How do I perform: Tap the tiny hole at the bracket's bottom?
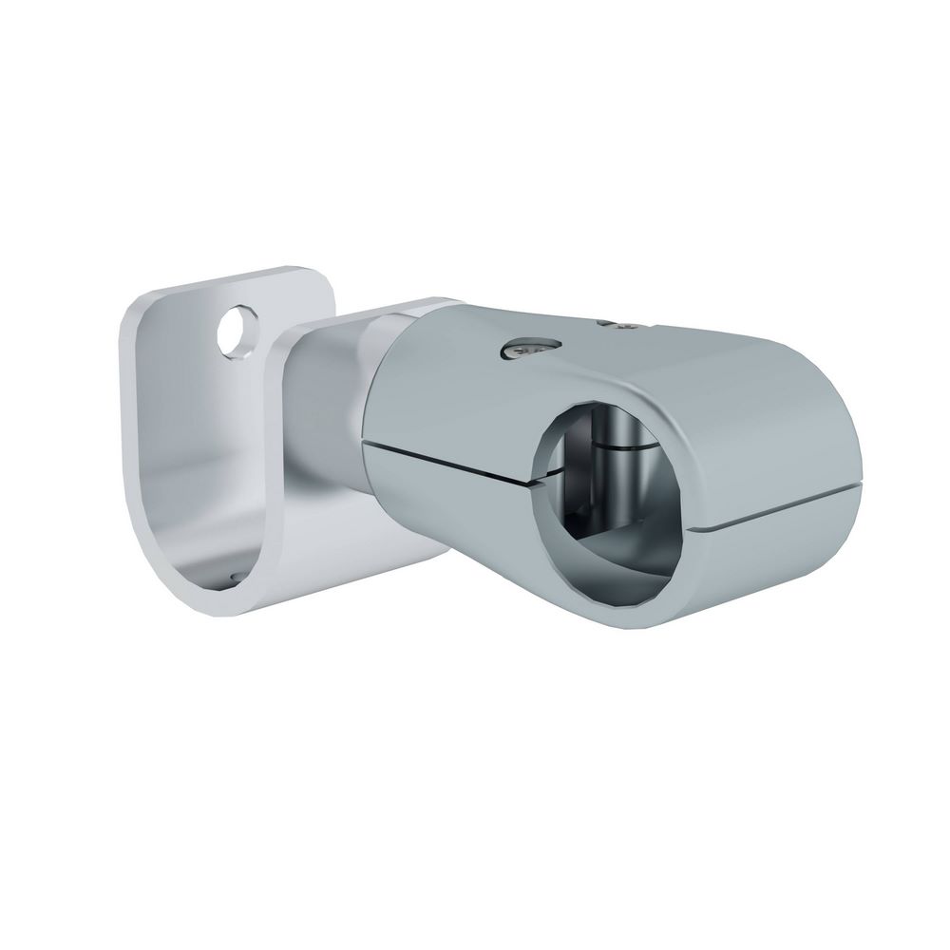pos(232,573)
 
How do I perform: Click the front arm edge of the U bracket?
pos(281,475)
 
